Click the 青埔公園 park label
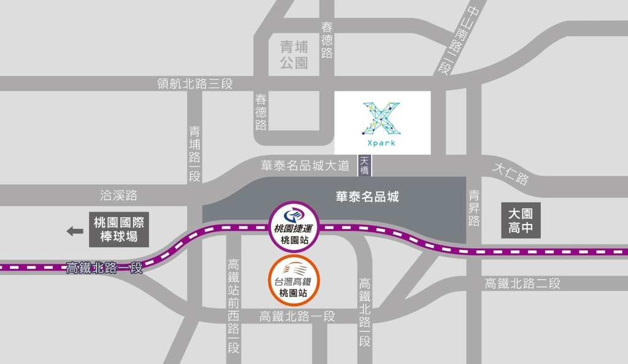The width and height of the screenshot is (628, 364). (294, 55)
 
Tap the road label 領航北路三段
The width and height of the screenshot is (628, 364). (195, 83)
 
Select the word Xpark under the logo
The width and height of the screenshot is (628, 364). (382, 143)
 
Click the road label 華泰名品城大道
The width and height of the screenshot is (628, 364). (305, 165)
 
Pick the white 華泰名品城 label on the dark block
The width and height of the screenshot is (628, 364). (367, 196)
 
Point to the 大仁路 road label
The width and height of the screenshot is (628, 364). (510, 176)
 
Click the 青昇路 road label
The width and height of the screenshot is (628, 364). (474, 208)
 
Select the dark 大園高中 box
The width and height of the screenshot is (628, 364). (521, 220)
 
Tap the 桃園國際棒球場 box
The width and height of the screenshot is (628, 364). (120, 230)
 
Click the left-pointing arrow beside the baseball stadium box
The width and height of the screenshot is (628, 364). (75, 231)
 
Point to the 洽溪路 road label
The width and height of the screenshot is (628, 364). (118, 196)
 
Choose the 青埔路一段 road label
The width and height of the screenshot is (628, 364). (194, 153)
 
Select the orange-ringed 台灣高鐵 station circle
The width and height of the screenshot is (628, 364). (293, 281)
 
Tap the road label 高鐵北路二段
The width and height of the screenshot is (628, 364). (523, 284)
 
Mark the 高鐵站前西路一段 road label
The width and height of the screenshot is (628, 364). (233, 306)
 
